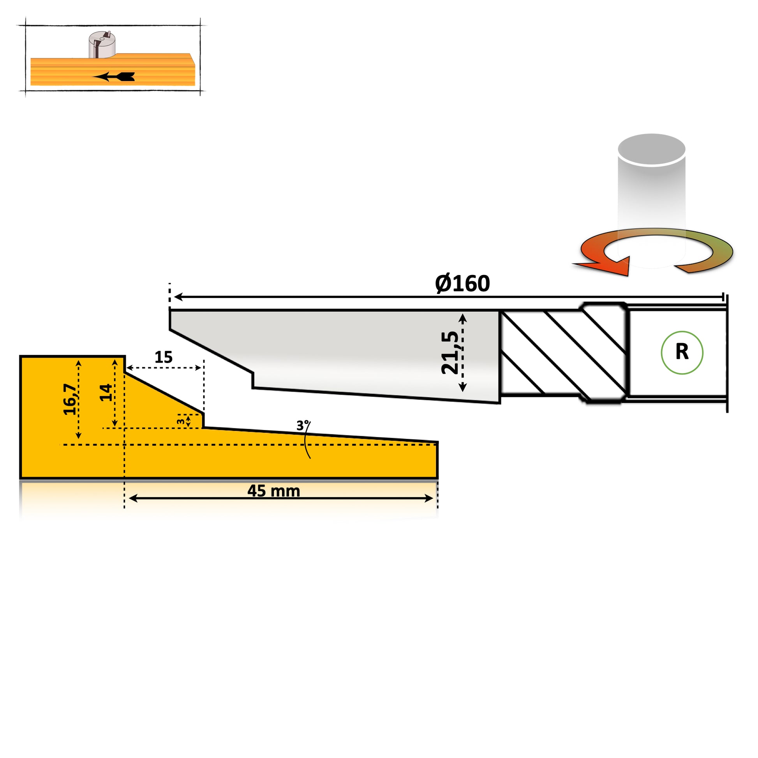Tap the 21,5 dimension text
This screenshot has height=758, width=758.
450,353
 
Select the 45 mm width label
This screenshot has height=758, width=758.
273,491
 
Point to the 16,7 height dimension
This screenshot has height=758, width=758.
70,399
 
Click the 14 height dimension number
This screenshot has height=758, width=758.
105,392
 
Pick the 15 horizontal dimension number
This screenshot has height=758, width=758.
163,357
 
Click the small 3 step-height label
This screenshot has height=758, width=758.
180,422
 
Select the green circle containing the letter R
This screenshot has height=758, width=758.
682,353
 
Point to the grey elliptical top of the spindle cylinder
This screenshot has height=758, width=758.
651,150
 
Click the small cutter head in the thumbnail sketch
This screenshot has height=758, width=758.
102,45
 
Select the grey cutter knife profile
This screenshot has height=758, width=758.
353,353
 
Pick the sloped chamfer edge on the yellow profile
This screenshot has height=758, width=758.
164,393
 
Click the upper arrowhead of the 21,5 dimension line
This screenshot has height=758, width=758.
463,318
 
